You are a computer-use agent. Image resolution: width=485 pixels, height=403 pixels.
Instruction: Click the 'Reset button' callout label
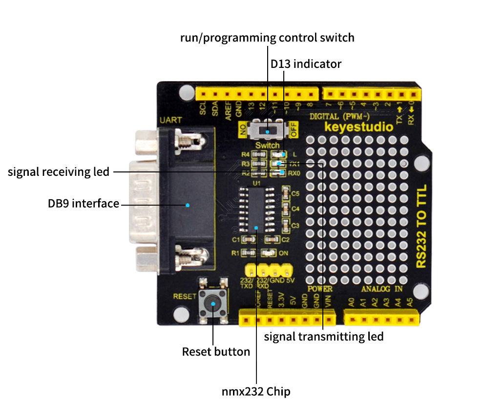tap(216, 352)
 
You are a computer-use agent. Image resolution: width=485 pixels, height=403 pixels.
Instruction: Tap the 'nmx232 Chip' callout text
tap(256, 391)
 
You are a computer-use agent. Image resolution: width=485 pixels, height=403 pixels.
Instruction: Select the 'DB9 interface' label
tap(84, 204)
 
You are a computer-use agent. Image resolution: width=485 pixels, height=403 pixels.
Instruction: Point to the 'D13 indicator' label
tap(306, 64)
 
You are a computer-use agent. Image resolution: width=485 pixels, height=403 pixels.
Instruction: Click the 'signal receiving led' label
tap(59, 172)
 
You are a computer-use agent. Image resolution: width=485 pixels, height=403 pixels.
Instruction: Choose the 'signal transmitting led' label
tap(324, 337)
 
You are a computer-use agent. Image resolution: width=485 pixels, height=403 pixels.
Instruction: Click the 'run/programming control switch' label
tap(267, 38)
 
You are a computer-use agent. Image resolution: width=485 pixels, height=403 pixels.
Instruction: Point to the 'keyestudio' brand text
tap(358, 127)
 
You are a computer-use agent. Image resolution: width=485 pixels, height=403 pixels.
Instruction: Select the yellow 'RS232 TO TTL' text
tap(422, 226)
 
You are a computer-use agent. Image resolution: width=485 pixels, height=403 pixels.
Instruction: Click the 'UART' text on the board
tap(170, 120)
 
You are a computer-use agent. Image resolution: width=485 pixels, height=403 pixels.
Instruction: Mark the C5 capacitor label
tap(295, 193)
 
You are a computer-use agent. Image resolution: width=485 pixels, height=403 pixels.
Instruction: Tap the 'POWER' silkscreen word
tap(320, 289)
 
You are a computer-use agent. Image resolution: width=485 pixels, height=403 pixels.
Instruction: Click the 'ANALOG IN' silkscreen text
tap(381, 289)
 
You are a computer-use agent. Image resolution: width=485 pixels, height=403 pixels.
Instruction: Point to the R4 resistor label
tap(246, 155)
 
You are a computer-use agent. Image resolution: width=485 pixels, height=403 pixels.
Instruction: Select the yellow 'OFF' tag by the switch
tap(294, 130)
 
